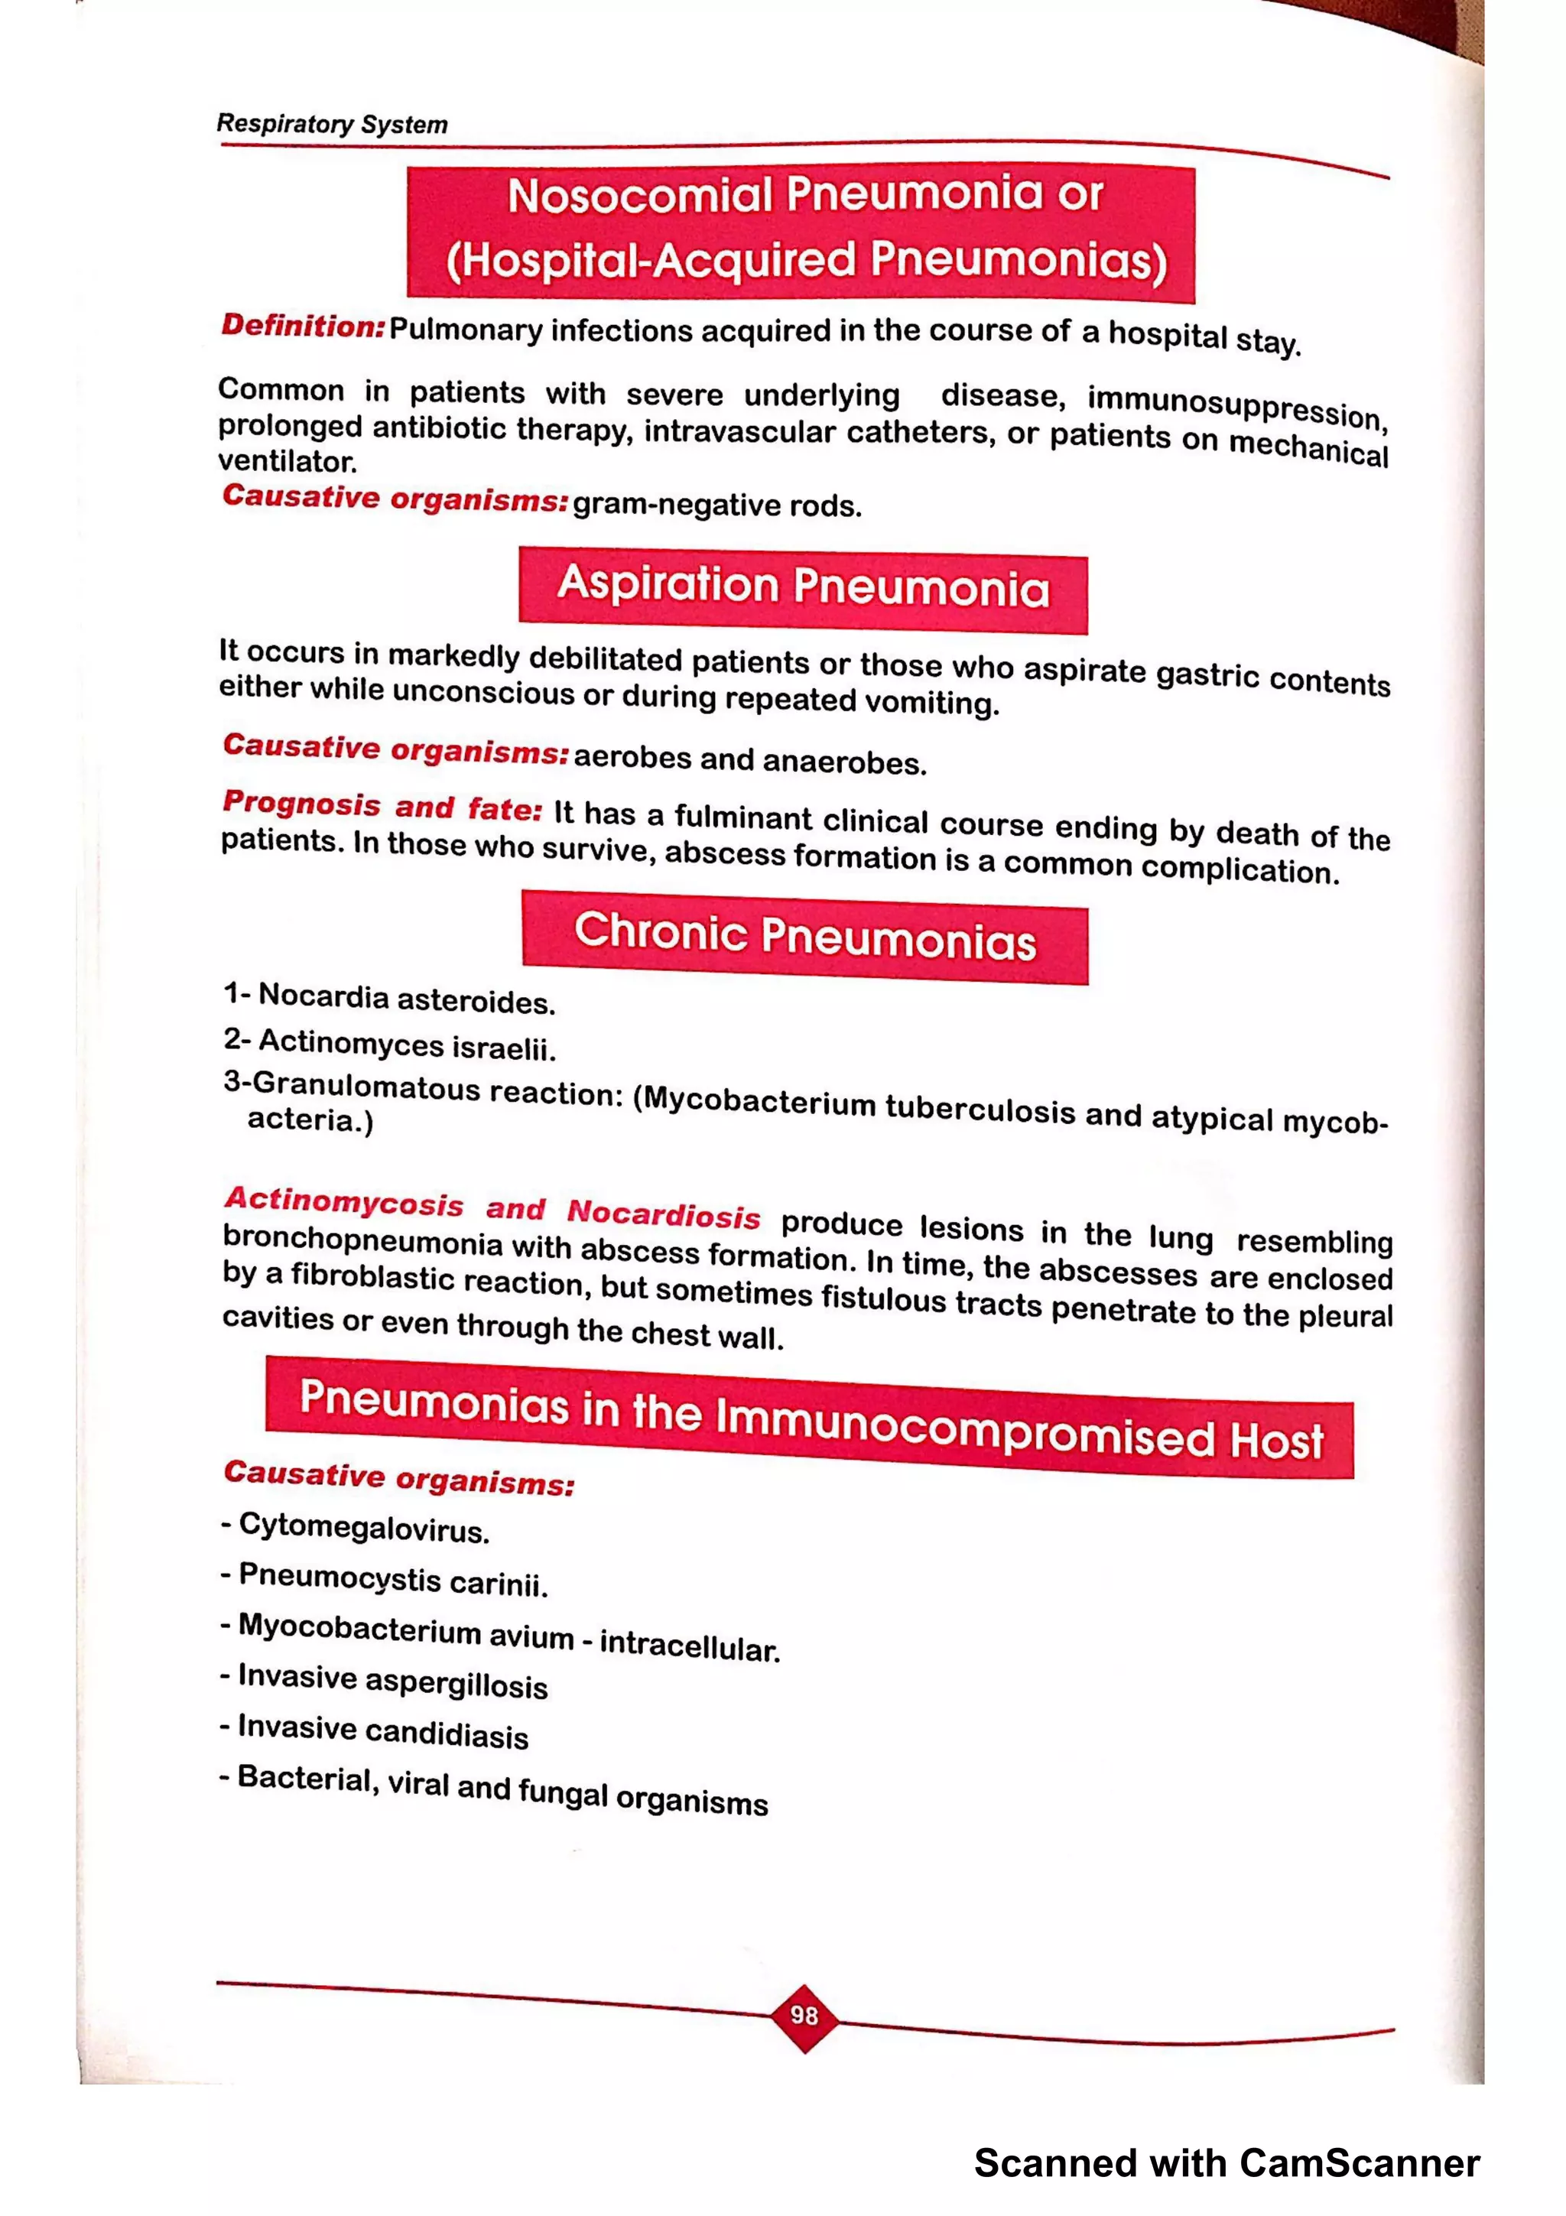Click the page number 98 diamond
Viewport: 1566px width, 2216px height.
point(804,2015)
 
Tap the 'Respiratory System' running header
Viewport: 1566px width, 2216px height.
point(332,125)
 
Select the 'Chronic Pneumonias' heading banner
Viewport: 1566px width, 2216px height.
point(804,936)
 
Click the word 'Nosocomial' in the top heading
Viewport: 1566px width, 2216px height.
point(640,196)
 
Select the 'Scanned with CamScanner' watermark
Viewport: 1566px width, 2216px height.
point(1226,2163)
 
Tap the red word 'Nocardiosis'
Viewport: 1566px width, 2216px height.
point(663,1214)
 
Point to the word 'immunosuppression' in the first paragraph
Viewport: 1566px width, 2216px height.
point(1236,406)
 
